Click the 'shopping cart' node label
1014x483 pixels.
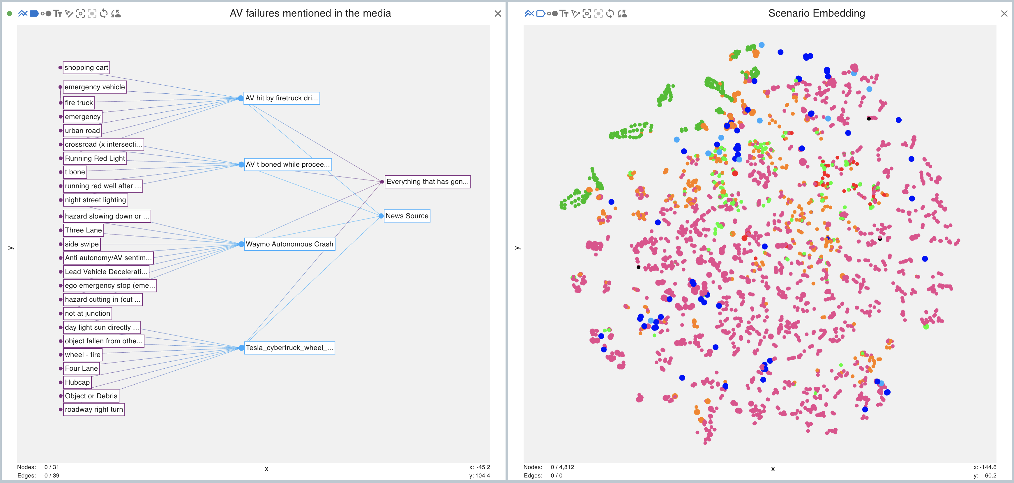pyautogui.click(x=86, y=68)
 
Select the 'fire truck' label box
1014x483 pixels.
pyautogui.click(x=79, y=103)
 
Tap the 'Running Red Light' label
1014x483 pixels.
pyautogui.click(x=95, y=158)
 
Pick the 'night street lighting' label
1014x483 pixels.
pyautogui.click(x=95, y=200)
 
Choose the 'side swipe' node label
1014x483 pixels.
pyautogui.click(x=82, y=244)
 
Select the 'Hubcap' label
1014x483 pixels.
pyautogui.click(x=77, y=382)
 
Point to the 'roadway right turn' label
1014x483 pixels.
pyautogui.click(x=94, y=409)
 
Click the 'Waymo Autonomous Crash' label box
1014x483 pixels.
pyautogui.click(x=289, y=244)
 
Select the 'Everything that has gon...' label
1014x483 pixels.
pyautogui.click(x=427, y=182)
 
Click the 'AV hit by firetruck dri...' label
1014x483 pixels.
pyautogui.click(x=281, y=98)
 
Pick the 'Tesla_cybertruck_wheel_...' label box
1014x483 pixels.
pyautogui.click(x=289, y=348)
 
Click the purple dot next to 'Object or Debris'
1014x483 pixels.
pyautogui.click(x=61, y=396)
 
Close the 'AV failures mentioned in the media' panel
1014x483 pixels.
pyautogui.click(x=498, y=14)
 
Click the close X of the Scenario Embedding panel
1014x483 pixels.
pyautogui.click(x=1004, y=14)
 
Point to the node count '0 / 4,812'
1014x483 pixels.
pyautogui.click(x=562, y=467)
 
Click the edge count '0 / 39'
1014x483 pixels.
pyautogui.click(x=52, y=475)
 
